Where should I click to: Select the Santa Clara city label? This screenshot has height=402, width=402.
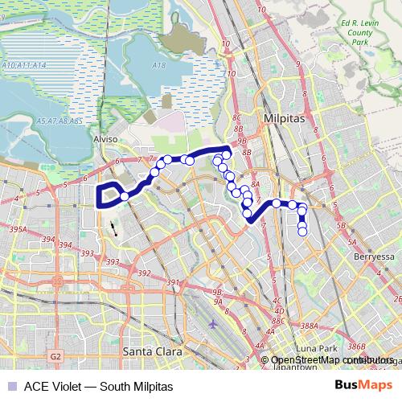(152, 351)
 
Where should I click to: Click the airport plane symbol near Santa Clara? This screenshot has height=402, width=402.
(211, 325)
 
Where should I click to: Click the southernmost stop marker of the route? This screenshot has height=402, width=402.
(302, 232)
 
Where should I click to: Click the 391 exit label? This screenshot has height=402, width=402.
(171, 282)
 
